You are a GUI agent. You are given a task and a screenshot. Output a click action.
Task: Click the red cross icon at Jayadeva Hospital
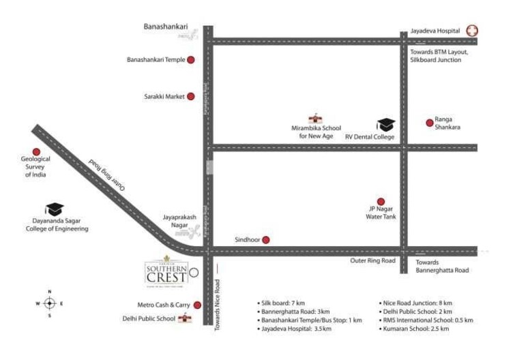point(471,31)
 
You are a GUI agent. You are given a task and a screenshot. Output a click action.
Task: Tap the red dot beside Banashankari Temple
point(191,60)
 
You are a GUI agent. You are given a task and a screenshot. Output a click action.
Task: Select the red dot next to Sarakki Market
point(191,96)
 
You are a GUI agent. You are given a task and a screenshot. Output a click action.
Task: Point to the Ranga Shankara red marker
point(430,123)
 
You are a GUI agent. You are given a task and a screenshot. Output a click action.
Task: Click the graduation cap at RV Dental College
point(386,125)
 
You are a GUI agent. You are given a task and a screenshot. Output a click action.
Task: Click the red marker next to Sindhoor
point(266,239)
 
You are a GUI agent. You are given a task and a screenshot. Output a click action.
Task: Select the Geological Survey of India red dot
point(36,152)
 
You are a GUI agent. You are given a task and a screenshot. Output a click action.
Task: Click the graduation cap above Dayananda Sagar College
point(54,209)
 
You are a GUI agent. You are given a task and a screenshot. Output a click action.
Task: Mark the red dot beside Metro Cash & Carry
point(197,305)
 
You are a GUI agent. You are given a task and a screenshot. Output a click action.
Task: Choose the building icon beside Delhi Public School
point(183,318)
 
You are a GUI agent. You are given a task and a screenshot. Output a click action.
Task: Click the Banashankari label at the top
point(161,27)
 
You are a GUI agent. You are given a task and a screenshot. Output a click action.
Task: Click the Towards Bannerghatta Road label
point(442,266)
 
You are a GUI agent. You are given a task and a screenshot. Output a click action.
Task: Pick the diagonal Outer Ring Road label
point(108,175)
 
